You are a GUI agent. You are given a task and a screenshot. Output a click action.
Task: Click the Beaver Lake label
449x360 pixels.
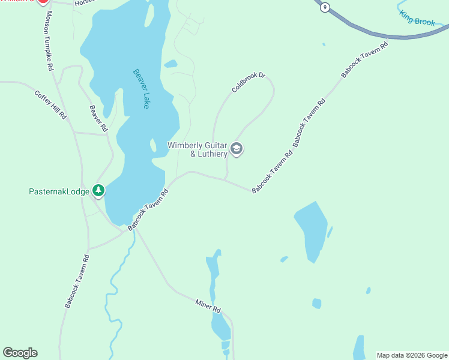[141, 88]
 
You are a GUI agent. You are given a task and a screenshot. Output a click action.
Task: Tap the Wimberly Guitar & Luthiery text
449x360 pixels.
[197, 149]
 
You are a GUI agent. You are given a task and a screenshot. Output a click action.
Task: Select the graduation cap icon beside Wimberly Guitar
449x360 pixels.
[237, 149]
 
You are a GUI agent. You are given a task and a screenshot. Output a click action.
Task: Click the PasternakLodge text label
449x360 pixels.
[59, 192]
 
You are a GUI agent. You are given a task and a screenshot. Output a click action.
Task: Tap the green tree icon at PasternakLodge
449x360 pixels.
[98, 191]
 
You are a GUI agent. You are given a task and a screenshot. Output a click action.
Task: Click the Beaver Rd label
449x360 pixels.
[98, 119]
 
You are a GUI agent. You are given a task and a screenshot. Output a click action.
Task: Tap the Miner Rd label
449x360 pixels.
[208, 305]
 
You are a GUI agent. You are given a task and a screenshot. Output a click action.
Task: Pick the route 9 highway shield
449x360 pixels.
[325, 7]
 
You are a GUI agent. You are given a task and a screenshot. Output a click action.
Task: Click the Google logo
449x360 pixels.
[20, 353]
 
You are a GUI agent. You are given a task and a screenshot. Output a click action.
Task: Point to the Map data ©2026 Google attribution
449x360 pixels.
[412, 355]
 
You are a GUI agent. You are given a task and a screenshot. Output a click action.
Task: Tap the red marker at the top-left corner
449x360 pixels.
[43, 2]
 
